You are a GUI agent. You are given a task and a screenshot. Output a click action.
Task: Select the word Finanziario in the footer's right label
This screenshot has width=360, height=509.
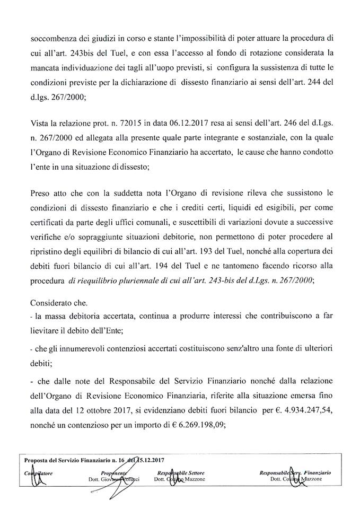point(318,471)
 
